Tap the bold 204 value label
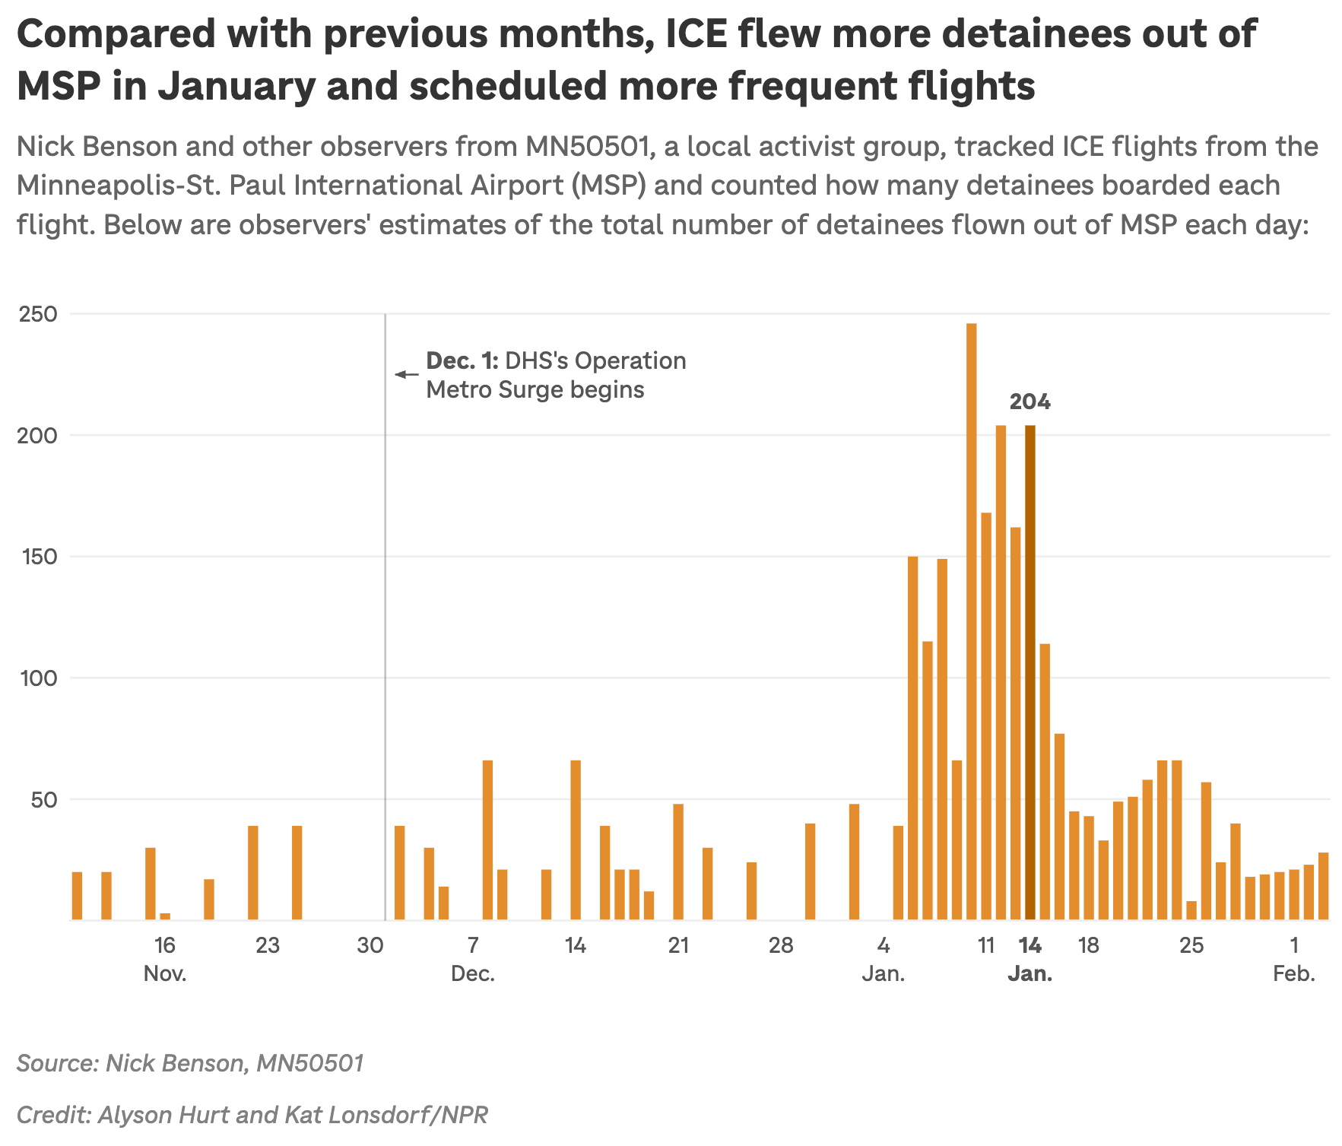[x=1030, y=402]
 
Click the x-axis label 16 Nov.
[x=165, y=959]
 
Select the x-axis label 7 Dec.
[x=473, y=959]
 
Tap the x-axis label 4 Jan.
[x=883, y=959]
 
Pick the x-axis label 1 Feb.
[x=1294, y=959]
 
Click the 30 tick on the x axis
[x=370, y=946]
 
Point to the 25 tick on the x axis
[x=1191, y=946]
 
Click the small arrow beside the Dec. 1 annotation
[x=406, y=374]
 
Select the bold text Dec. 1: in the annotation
[x=462, y=360]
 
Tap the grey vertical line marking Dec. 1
[x=385, y=608]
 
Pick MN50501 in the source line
[x=310, y=1062]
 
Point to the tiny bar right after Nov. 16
[x=165, y=916]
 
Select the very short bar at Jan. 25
[x=1191, y=911]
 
